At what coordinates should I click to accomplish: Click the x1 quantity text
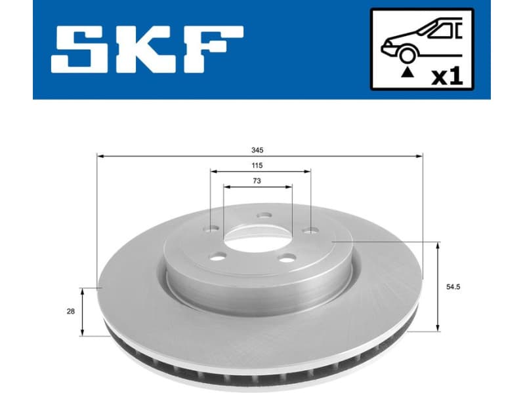(446, 77)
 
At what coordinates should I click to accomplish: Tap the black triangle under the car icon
(408, 74)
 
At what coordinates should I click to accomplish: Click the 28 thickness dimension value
(70, 311)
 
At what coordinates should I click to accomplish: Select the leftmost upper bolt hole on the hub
(211, 229)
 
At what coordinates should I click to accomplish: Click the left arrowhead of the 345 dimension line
(100, 156)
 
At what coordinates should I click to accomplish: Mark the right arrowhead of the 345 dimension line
(419, 156)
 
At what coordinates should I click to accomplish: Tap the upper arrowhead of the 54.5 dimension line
(438, 244)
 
